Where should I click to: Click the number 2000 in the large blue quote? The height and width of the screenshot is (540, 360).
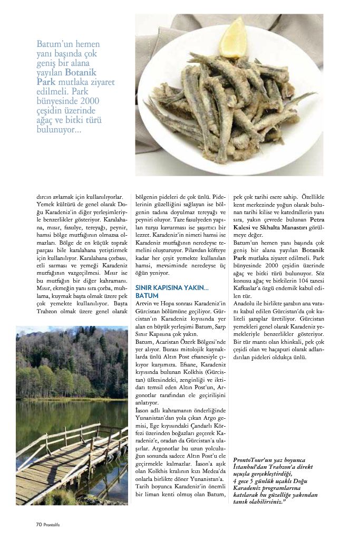85,101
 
